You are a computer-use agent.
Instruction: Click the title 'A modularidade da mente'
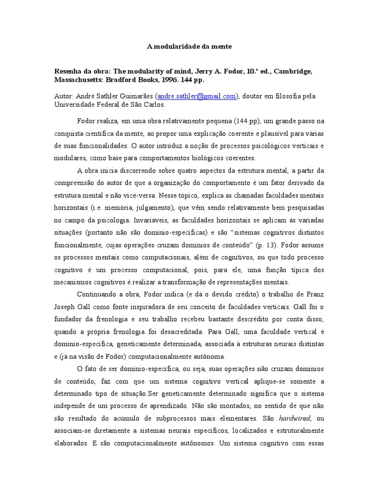click(x=189, y=47)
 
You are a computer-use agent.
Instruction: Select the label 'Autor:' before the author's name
click(x=63, y=96)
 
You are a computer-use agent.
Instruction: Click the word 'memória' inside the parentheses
click(x=128, y=208)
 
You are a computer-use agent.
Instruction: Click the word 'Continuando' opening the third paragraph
click(x=97, y=294)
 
